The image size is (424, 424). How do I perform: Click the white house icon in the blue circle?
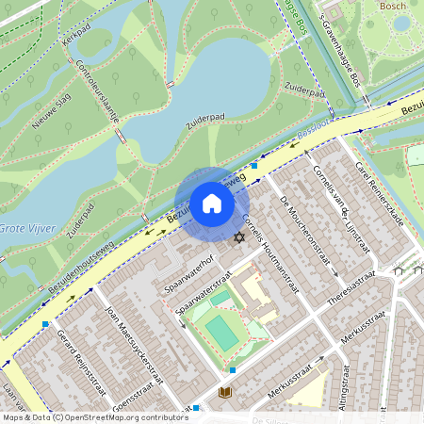click(x=212, y=203)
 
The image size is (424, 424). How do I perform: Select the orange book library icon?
click(x=224, y=392)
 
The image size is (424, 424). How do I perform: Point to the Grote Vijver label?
click(x=26, y=228)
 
